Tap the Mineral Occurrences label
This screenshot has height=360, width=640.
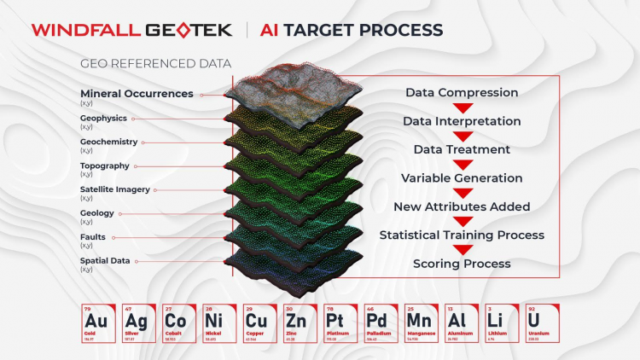[x=137, y=94]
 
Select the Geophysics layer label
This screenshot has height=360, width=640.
[x=103, y=118]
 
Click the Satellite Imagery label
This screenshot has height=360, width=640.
[x=115, y=189]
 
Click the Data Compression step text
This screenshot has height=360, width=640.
[x=462, y=92]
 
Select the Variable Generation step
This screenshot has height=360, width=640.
[x=462, y=178]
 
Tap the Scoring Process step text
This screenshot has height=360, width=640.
[x=462, y=264]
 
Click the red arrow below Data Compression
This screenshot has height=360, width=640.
[x=462, y=107]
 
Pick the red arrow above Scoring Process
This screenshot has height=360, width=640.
[x=462, y=250]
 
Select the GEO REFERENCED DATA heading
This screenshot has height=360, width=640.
[x=155, y=64]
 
